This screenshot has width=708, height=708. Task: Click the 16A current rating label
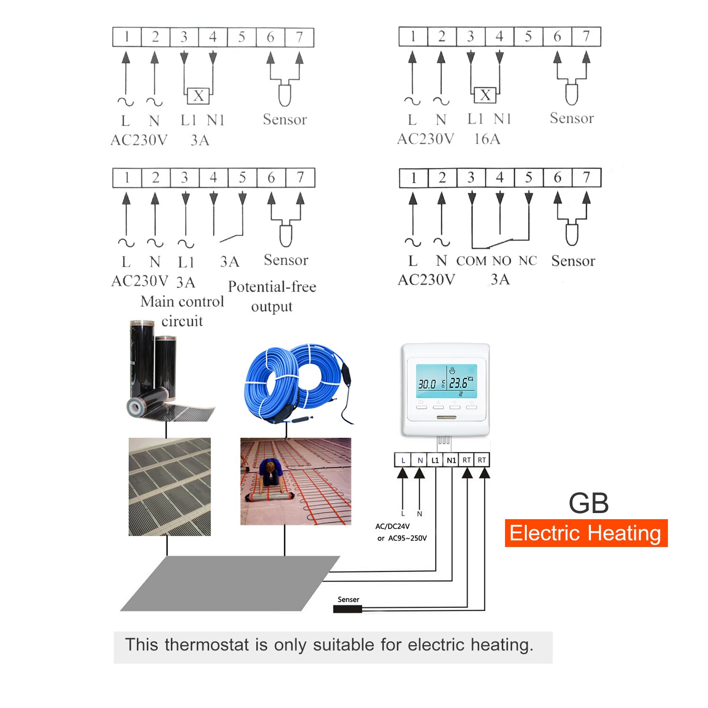point(487,139)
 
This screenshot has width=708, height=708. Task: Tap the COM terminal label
point(471,261)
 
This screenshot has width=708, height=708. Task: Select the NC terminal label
point(528,261)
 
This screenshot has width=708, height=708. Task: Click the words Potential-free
point(272,287)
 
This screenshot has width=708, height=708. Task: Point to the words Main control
point(182,302)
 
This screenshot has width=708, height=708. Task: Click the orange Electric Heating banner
point(586,533)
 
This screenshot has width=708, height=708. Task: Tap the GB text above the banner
point(589,503)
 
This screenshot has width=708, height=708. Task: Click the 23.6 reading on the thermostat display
point(459,383)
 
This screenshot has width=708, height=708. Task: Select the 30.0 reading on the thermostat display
point(427,384)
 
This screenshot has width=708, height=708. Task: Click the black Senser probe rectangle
point(347,609)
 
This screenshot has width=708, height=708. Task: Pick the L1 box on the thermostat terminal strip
point(435,460)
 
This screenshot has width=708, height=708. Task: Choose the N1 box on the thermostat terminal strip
point(451,460)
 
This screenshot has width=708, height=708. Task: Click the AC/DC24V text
point(392,526)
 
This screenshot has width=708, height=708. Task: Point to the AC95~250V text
point(407,538)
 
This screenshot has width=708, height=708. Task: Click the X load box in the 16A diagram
point(485,95)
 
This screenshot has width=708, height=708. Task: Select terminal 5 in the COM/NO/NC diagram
point(529,178)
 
